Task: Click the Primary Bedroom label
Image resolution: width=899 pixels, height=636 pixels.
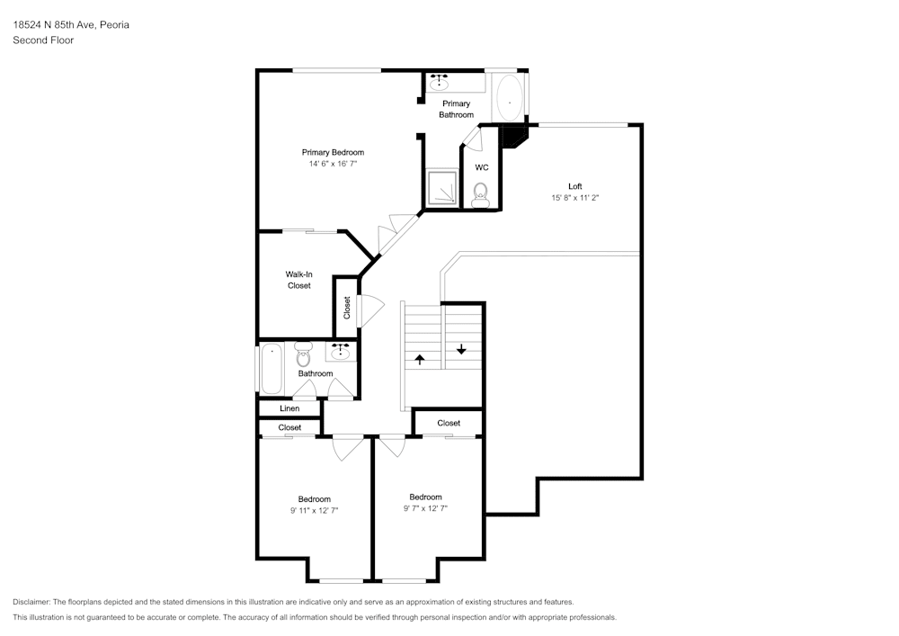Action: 333,152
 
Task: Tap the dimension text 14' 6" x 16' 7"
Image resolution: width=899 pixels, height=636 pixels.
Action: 333,164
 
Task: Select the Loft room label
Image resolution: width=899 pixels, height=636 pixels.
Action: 575,186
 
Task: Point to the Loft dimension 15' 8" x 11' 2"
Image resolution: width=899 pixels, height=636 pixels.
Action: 575,197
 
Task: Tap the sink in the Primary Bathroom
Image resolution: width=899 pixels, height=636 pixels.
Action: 440,82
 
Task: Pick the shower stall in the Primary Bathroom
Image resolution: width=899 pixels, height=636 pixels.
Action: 441,187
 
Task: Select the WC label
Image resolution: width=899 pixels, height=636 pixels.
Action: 482,167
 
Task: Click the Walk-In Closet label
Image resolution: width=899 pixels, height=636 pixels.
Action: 298,280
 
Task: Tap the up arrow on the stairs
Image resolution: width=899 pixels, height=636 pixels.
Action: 420,360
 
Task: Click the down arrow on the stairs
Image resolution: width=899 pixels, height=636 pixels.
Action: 461,349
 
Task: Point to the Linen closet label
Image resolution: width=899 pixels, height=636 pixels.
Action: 289,408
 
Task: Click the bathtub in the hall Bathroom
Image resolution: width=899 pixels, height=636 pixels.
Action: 271,369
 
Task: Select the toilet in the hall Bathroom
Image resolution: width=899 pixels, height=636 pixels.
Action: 303,354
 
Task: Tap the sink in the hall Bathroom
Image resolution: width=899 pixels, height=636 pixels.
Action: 341,351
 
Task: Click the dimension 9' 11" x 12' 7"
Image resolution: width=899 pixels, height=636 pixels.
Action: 314,510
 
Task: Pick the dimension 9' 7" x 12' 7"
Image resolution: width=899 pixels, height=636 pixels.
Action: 425,508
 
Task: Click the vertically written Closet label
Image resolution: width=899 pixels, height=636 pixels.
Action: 347,308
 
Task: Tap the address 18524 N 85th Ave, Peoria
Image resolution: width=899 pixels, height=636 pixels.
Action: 71,24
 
